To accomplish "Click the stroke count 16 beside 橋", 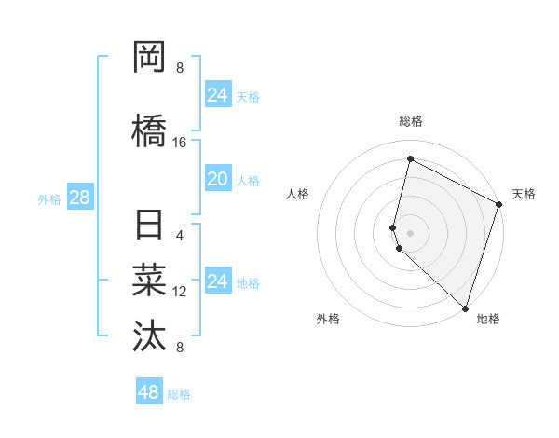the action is (180, 143).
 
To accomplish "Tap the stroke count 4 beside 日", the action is (180, 235).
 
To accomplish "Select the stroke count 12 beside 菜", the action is (180, 292).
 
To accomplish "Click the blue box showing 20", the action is (217, 179).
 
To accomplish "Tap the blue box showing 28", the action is (79, 198).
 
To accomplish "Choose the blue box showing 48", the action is (148, 392).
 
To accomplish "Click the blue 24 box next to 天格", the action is (217, 95).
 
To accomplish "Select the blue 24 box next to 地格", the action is (217, 281).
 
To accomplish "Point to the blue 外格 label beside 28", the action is (49, 198).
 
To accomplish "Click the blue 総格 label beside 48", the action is (179, 394).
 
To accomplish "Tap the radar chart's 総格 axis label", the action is (410, 121).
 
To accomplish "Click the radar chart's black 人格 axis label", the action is (298, 194).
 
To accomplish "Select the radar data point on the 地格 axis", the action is (465, 308).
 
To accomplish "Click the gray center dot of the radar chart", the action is (410, 232).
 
